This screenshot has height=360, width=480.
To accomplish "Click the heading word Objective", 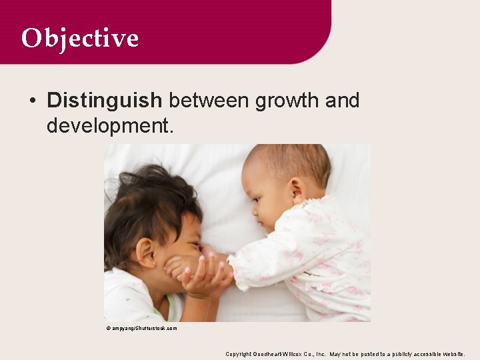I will pos(79,38).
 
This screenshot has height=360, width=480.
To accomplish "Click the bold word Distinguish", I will pos(105,101).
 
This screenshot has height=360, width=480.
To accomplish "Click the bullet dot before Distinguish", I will pos(33,101).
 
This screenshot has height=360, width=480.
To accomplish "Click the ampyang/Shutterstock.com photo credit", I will pos(141,328).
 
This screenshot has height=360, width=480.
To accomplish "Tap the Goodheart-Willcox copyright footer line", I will pos(345,354).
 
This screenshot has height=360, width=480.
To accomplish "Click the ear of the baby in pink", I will pos(298,191).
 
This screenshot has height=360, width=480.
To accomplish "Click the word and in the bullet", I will pos(342,101).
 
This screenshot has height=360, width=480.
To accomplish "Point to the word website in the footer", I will pos(450,354).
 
